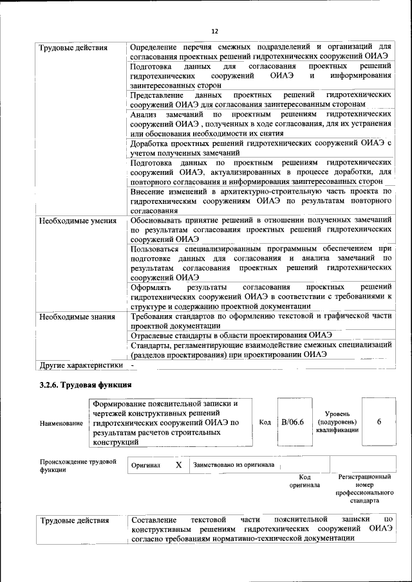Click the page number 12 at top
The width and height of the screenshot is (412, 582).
click(215, 31)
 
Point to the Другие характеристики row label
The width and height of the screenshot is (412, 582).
click(80, 365)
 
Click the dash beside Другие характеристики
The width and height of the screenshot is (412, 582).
click(132, 365)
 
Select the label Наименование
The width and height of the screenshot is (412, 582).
click(61, 423)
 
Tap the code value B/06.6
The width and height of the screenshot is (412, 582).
click(292, 423)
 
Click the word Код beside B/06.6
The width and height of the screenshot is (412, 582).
click(265, 423)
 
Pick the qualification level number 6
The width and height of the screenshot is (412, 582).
click(379, 422)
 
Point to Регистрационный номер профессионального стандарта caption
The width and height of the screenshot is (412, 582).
click(364, 489)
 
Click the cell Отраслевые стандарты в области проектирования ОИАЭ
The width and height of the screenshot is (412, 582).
click(230, 334)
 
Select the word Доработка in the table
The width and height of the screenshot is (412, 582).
click(150, 143)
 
